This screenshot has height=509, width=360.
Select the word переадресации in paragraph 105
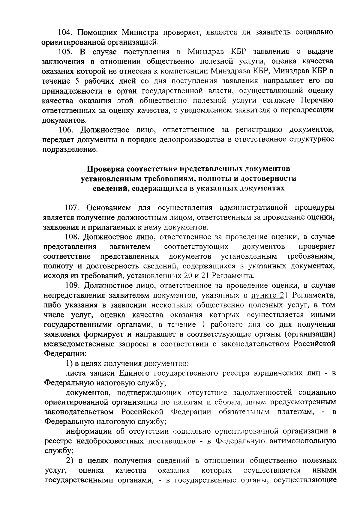(x=307, y=110)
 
